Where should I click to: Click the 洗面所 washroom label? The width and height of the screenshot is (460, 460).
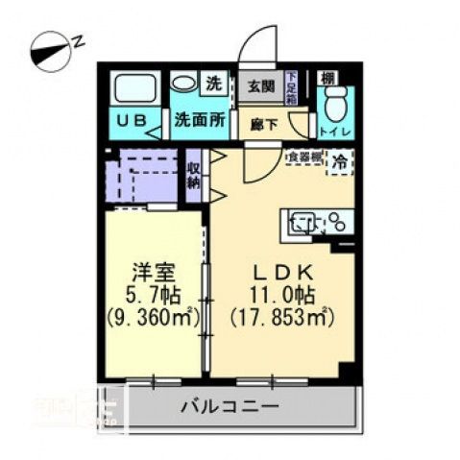[199, 121]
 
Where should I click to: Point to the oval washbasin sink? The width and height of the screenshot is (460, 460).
[183, 84]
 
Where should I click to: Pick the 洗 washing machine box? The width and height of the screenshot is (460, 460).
[214, 83]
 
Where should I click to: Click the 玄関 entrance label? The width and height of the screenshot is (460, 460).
[259, 86]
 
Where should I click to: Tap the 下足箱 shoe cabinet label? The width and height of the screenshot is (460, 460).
[291, 85]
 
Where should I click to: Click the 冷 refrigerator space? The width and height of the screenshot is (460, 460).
[340, 162]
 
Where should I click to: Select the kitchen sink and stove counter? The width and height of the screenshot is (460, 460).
[317, 223]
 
